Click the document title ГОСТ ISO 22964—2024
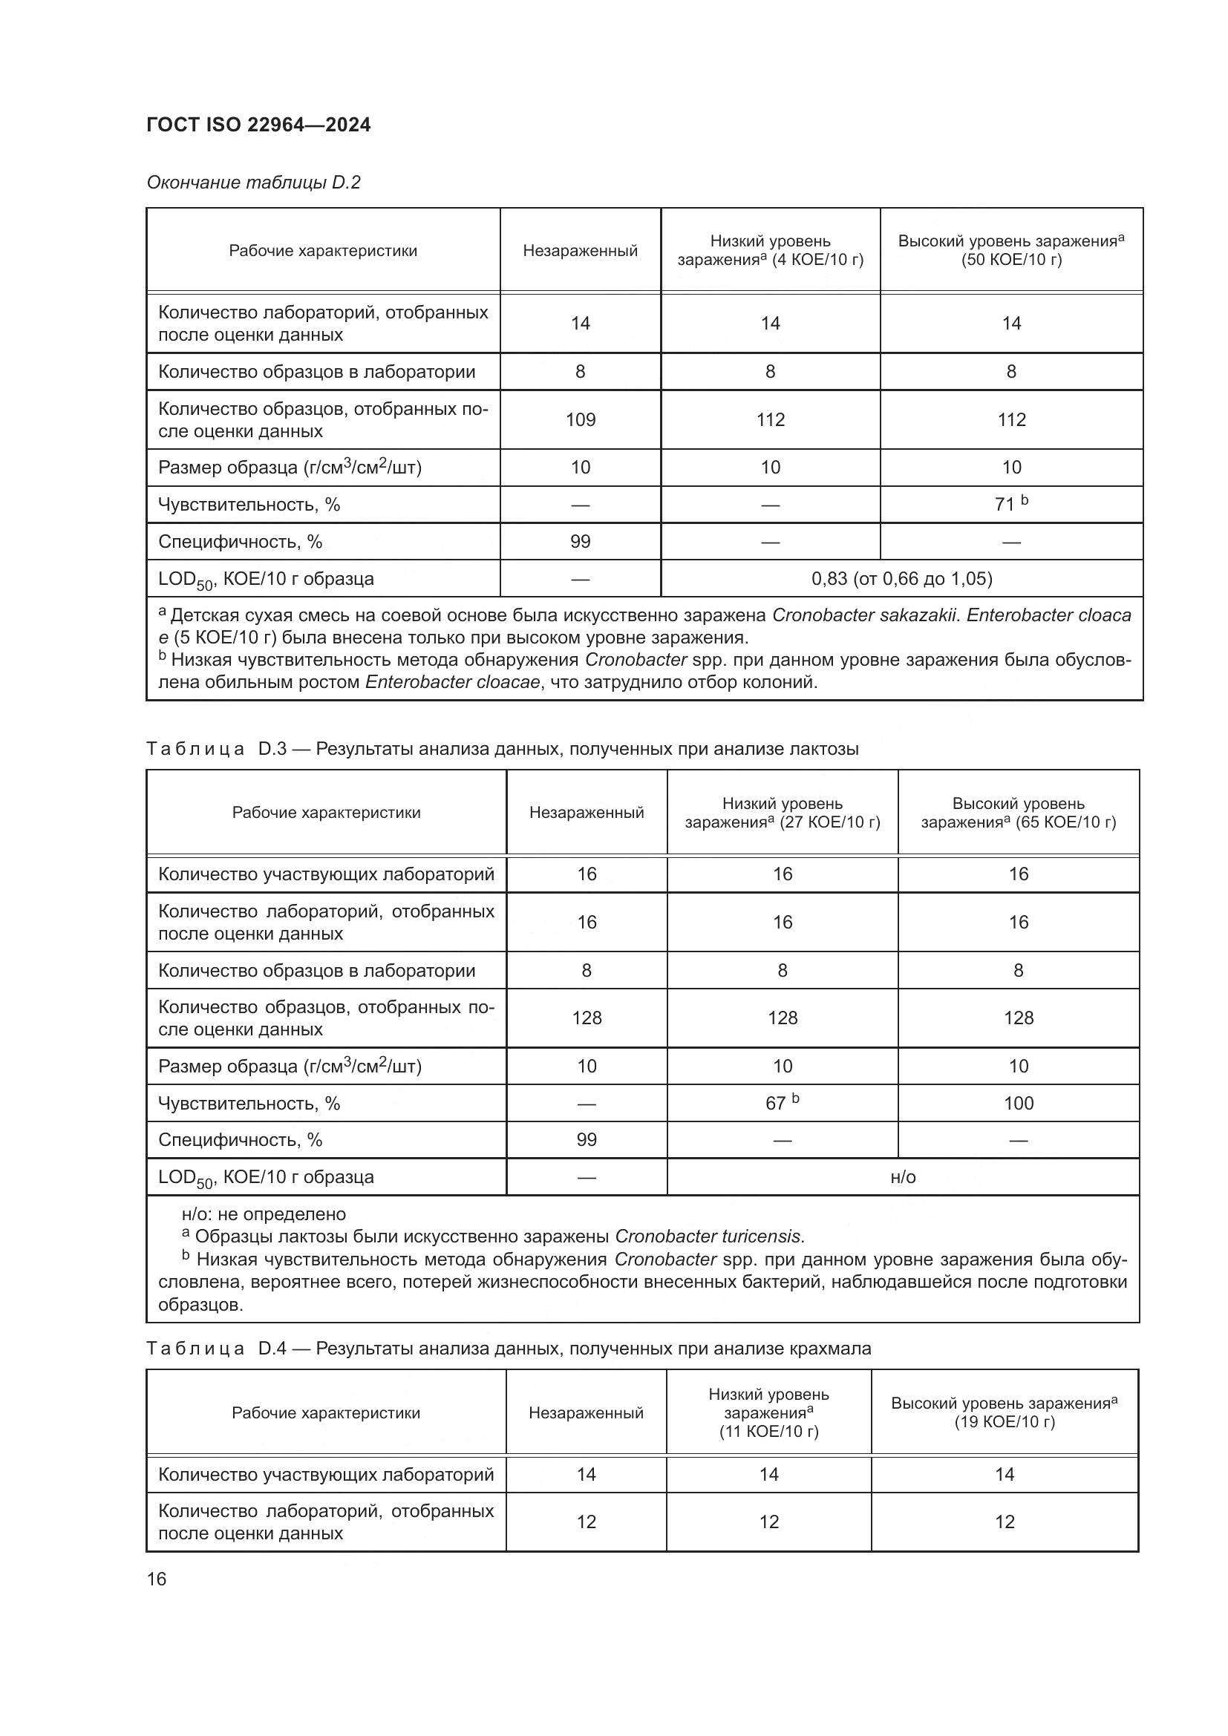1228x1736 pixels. click(258, 125)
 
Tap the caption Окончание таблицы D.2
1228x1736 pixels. click(253, 183)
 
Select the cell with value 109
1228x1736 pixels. click(580, 419)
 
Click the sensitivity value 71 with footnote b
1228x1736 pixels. click(1010, 503)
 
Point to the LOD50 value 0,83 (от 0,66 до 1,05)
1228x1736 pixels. click(901, 578)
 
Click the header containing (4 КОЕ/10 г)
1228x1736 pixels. click(770, 250)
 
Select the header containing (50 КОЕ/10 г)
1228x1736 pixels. click(1011, 250)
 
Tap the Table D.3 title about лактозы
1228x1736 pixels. click(502, 749)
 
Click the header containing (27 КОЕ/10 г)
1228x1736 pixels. click(782, 813)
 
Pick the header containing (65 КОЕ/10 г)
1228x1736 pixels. click(1018, 813)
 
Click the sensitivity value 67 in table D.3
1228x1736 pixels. click(781, 1103)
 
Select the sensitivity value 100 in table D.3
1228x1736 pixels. click(1018, 1103)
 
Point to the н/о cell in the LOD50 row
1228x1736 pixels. click(903, 1177)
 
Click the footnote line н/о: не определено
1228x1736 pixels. click(263, 1214)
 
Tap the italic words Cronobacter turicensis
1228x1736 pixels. click(708, 1237)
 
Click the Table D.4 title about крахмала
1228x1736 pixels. click(508, 1348)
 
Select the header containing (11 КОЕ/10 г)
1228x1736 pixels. click(768, 1412)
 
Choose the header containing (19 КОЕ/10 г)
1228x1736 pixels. click(1004, 1412)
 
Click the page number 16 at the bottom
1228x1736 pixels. click(157, 1579)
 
